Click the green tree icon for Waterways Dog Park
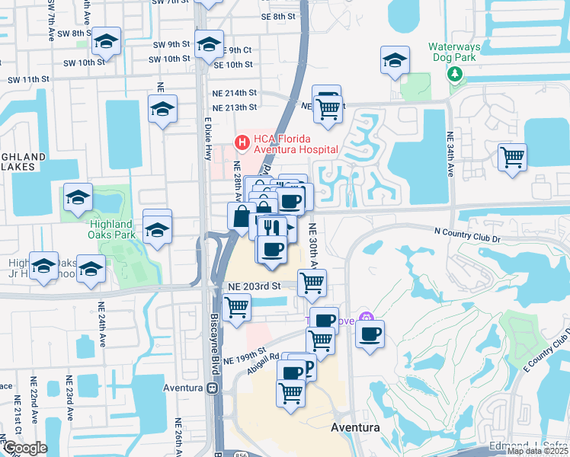click(455, 73)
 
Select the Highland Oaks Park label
click(111, 230)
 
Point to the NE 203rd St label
click(255, 285)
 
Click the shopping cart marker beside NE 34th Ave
click(512, 158)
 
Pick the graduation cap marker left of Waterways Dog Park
click(395, 60)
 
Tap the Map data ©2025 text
click(536, 451)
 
